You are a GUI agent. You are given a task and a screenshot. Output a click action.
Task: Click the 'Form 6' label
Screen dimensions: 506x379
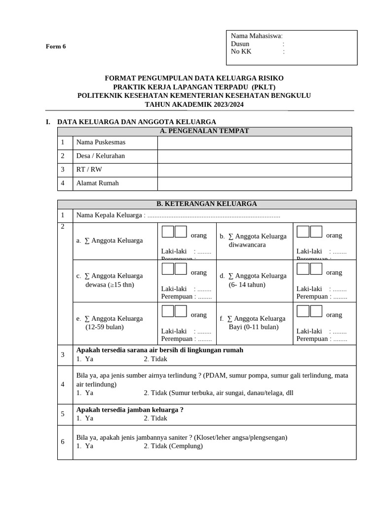point(56,46)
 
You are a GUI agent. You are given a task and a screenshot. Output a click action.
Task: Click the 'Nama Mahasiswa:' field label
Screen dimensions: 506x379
point(257,36)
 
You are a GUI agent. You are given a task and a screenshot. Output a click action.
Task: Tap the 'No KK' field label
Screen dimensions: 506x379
point(241,51)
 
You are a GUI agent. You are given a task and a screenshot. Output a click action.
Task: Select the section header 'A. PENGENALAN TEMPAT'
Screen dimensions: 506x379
point(204,131)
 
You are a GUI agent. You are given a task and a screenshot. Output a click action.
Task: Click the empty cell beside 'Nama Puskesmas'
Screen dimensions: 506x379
point(254,142)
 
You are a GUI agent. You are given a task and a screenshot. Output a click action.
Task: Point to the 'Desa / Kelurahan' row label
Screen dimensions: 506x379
point(100,156)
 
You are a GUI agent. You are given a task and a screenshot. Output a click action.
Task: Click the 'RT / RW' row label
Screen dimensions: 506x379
point(89,169)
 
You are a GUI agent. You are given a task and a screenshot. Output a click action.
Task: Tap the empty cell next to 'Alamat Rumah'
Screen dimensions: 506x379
point(254,183)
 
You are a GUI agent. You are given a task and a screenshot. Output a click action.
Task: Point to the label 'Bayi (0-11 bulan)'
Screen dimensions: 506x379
point(254,327)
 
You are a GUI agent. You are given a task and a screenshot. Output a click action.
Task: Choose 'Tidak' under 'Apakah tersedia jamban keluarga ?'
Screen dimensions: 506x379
point(155,418)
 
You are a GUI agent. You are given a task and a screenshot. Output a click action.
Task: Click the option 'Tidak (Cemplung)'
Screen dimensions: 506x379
point(173,446)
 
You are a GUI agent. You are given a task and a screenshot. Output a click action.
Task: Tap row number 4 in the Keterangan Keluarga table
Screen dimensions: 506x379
point(63,384)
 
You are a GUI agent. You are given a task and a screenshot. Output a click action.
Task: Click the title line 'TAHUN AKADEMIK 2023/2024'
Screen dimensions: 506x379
point(194,104)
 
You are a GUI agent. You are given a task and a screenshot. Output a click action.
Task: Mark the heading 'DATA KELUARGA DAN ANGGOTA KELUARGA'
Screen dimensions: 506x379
point(137,122)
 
